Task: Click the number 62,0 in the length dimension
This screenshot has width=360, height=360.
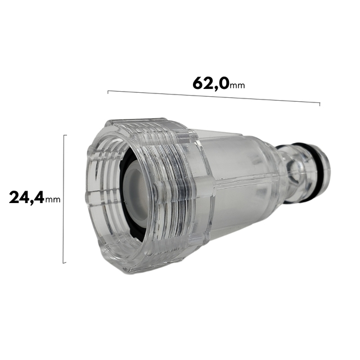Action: pyautogui.click(x=210, y=83)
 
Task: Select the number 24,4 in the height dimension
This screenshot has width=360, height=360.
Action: pyautogui.click(x=26, y=197)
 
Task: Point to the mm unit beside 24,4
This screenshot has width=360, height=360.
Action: pyautogui.click(x=53, y=200)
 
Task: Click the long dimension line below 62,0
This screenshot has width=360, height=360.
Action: pyautogui.click(x=214, y=97)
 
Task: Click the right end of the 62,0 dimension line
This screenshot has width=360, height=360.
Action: pyautogui.click(x=319, y=104)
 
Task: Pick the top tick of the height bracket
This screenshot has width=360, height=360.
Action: pyautogui.click(x=66, y=135)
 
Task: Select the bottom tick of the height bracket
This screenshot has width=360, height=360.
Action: pyautogui.click(x=66, y=263)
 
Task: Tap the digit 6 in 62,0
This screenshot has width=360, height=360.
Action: pyautogui.click(x=199, y=83)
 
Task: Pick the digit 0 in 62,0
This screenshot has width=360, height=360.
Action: pyautogui.click(x=223, y=83)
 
